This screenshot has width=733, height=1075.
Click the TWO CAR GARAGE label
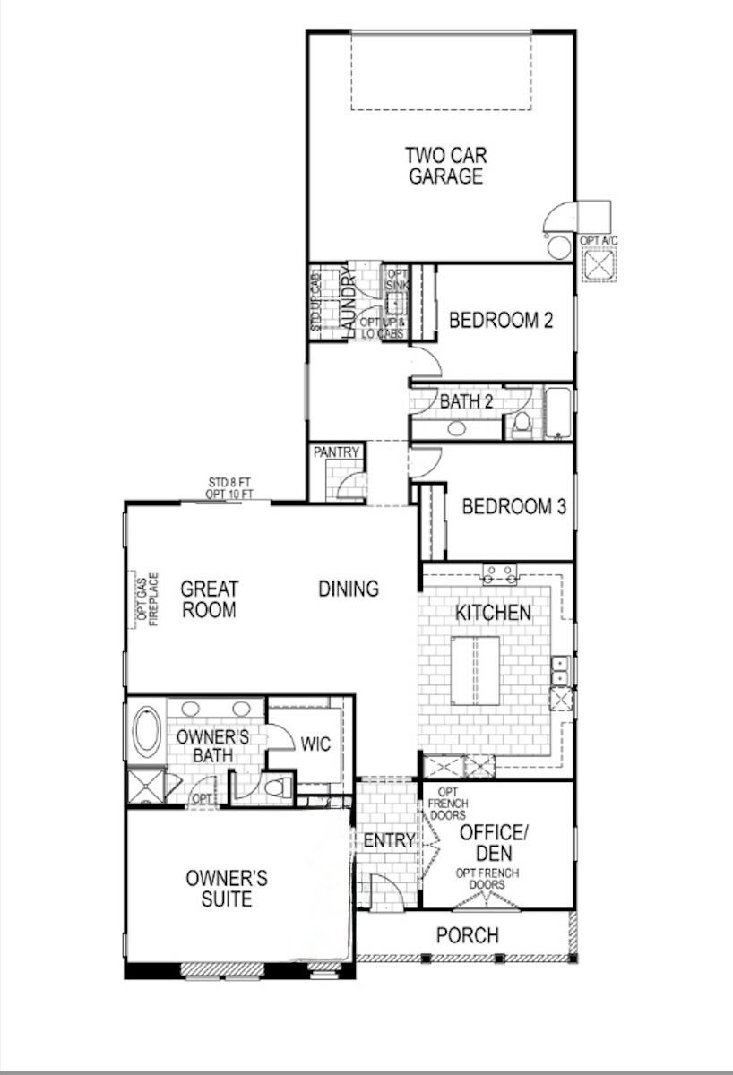pyautogui.click(x=446, y=166)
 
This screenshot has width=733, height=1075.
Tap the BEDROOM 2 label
pyautogui.click(x=501, y=320)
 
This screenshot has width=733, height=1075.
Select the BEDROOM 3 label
pyautogui.click(x=514, y=506)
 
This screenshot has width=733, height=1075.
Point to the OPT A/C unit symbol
pyautogui.click(x=599, y=264)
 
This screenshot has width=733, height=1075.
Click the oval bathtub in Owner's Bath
pyautogui.click(x=147, y=732)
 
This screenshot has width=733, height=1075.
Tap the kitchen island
pyautogui.click(x=475, y=670)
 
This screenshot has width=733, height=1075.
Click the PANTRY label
pyautogui.click(x=336, y=452)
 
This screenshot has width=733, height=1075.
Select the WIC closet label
pyautogui.click(x=315, y=744)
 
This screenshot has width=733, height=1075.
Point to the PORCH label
pyautogui.click(x=468, y=935)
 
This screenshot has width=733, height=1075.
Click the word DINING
pyautogui.click(x=349, y=589)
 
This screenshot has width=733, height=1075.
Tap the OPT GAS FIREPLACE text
pyautogui.click(x=148, y=599)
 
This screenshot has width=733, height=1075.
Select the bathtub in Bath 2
pyautogui.click(x=557, y=413)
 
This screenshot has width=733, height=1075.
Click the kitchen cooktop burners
pyautogui.click(x=500, y=575)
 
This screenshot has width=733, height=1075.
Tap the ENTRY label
pyautogui.click(x=389, y=840)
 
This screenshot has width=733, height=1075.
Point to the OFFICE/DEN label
pyautogui.click(x=494, y=843)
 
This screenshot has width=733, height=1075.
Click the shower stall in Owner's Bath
pyautogui.click(x=145, y=787)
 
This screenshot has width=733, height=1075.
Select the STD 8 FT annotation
pyautogui.click(x=229, y=482)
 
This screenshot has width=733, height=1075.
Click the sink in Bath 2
pyautogui.click(x=456, y=428)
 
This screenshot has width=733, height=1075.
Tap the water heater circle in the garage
pyautogui.click(x=559, y=246)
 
